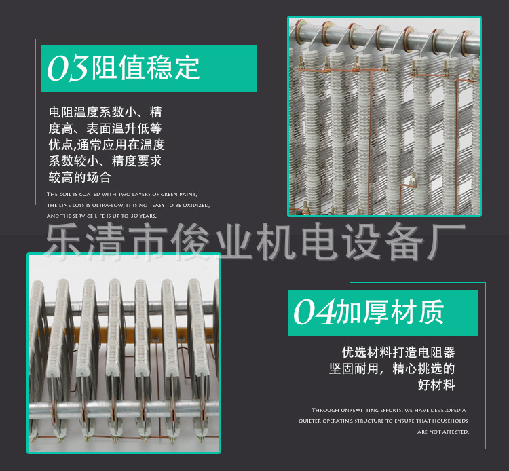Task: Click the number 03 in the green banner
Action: coord(68,69)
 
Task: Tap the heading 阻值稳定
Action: coord(146,69)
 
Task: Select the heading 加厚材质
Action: coord(390,313)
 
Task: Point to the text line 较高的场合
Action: coord(79,177)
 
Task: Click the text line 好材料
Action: coord(436,385)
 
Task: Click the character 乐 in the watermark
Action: coord(62,242)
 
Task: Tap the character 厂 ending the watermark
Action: coord(449,242)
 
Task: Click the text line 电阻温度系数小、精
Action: coord(105,112)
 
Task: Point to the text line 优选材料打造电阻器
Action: coord(398,352)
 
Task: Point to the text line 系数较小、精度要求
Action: coord(105,161)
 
